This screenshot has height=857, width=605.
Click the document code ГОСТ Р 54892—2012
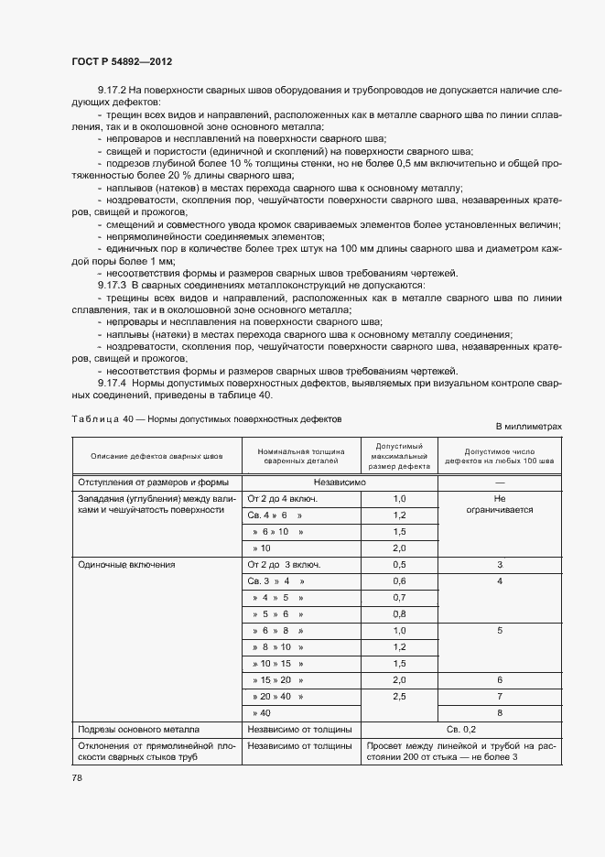[121, 61]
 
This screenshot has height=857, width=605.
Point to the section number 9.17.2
[114, 92]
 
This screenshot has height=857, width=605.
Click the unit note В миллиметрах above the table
[528, 427]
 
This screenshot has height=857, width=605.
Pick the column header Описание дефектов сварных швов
[156, 456]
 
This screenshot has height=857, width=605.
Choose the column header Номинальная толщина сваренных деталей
[301, 456]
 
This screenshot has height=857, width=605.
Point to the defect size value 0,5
[398, 565]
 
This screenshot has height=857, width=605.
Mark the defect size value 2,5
[398, 697]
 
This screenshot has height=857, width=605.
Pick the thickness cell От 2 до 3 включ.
[284, 565]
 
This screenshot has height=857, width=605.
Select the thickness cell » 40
[261, 712]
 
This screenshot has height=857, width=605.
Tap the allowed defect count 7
[499, 697]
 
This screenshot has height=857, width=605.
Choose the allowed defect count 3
[499, 565]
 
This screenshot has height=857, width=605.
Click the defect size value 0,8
[398, 614]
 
